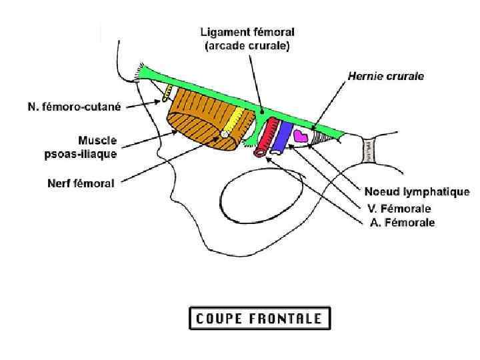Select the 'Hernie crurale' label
pos(385,77)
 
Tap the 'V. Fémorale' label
pos(403,209)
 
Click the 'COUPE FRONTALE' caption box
pos(259,318)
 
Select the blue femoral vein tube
pos(283,135)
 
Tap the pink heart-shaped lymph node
pos(302,135)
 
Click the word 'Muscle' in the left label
pos(97,141)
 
